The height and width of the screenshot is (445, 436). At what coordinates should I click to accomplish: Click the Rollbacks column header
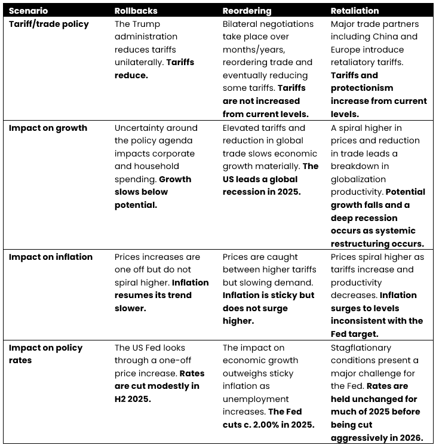pyautogui.click(x=136, y=11)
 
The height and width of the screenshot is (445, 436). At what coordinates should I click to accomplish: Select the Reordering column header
pyautogui.click(x=247, y=11)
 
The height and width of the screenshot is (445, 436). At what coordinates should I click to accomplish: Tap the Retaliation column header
pyautogui.click(x=354, y=11)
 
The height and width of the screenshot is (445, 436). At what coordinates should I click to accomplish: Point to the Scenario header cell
pyautogui.click(x=28, y=11)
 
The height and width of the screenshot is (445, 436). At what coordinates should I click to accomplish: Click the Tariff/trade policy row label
pyautogui.click(x=49, y=24)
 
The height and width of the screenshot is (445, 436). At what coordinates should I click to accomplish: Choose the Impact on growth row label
pyautogui.click(x=48, y=128)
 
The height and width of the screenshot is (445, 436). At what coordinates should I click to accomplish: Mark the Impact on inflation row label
pyautogui.click(x=51, y=257)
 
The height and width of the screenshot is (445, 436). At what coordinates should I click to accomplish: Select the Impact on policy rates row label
pyautogui.click(x=45, y=354)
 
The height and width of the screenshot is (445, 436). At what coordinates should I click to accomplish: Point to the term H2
pyautogui.click(x=122, y=399)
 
